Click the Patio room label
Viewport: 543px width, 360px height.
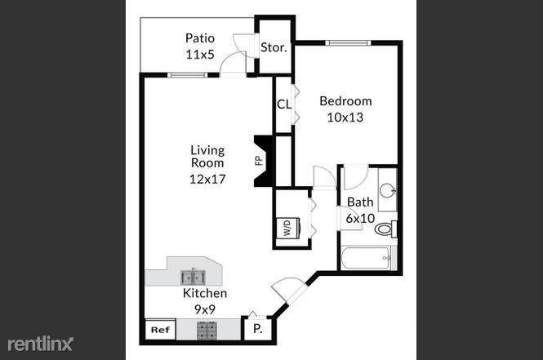point(200,38)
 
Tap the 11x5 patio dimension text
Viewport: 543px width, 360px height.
point(200,54)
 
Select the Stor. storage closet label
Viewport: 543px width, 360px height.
point(274,47)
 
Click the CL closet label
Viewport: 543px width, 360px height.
point(283,104)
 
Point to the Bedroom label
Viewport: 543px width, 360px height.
point(345,101)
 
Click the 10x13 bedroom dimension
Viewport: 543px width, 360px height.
point(345,117)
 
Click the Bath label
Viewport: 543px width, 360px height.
point(360,202)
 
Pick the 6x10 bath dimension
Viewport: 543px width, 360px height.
point(360,218)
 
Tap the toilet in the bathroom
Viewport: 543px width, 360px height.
point(385,229)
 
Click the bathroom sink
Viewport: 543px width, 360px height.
point(387,192)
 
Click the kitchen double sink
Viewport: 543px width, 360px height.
point(194,277)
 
